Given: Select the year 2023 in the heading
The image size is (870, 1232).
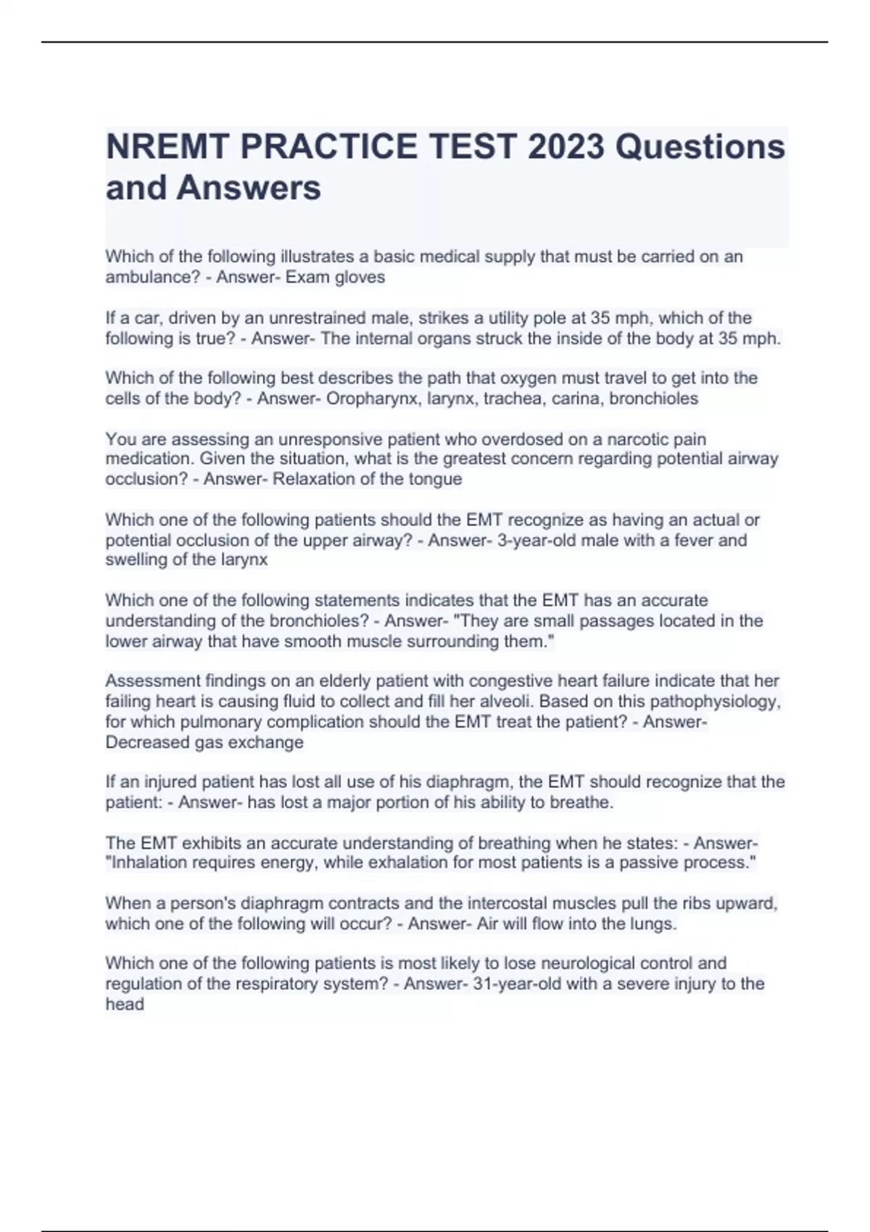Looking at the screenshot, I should [565, 147].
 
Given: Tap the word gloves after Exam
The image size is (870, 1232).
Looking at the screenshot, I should [360, 278].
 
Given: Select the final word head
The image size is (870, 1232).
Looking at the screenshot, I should [125, 1004].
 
